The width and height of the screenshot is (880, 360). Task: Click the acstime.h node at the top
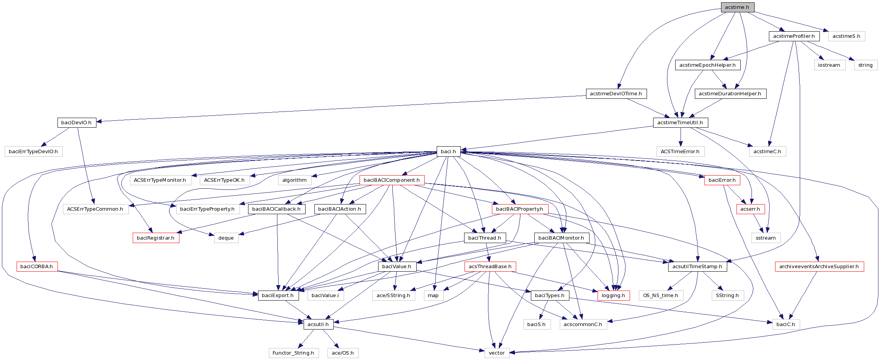(737, 7)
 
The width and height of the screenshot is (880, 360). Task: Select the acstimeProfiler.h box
(794, 36)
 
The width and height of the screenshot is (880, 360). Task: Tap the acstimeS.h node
(846, 36)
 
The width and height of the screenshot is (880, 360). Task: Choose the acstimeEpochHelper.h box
(707, 65)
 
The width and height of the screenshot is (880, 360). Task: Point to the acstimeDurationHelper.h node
(730, 94)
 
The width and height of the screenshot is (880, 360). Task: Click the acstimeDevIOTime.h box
(616, 94)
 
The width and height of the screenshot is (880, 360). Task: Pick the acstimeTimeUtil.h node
(680, 123)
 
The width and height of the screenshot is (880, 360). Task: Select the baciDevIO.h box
(76, 123)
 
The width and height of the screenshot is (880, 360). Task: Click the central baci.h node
(448, 151)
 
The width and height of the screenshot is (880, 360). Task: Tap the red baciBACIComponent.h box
(392, 180)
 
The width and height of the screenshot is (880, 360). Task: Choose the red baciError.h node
(722, 180)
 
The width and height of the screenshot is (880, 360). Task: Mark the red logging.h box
(613, 296)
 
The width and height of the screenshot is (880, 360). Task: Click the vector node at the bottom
(497, 353)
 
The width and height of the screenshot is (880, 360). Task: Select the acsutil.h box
(318, 324)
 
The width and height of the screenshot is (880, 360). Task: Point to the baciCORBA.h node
(37, 267)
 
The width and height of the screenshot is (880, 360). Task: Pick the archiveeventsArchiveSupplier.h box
(819, 267)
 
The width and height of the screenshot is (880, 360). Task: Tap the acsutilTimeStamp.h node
(697, 267)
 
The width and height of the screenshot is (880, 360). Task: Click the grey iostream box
(829, 65)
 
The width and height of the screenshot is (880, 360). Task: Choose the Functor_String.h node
(293, 353)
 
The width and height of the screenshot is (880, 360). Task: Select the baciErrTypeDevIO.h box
(33, 152)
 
